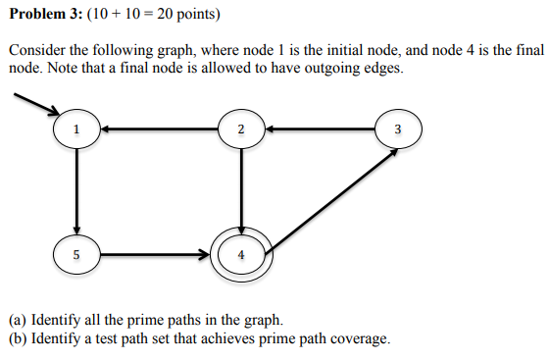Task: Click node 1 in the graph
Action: click(x=76, y=129)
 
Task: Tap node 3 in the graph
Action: click(x=396, y=129)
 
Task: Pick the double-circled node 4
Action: click(x=241, y=256)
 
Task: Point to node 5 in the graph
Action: click(x=76, y=256)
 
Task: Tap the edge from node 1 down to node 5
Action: click(x=76, y=192)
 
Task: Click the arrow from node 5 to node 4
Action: click(x=157, y=256)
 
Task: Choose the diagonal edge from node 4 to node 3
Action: click(x=328, y=196)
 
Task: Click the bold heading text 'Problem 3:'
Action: click(x=43, y=15)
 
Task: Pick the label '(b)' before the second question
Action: click(x=18, y=339)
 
